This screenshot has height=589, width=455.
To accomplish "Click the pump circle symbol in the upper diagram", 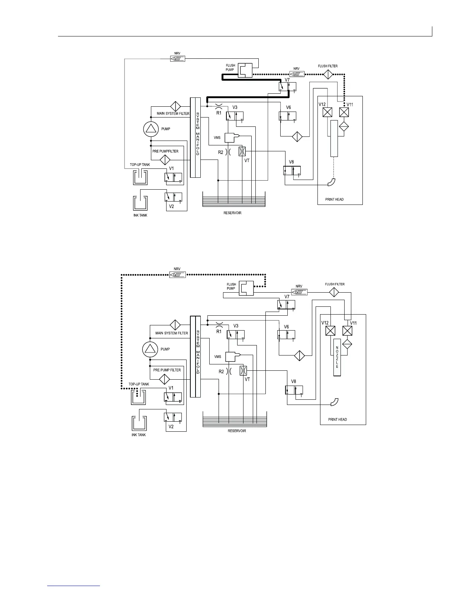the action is point(151,129).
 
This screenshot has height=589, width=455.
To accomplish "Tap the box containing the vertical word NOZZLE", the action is point(337,357).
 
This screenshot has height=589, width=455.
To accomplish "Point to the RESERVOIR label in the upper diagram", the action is point(232,213).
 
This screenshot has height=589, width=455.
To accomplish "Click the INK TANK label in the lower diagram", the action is point(139,435).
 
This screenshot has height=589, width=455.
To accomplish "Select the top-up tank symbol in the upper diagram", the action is point(140,177).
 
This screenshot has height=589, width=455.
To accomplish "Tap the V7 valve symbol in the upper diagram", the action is point(287,87).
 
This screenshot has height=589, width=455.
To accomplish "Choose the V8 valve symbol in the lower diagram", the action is point(294,390).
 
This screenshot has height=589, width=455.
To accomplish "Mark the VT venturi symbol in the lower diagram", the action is point(243,371).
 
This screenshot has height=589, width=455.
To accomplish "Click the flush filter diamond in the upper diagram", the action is point(327,74).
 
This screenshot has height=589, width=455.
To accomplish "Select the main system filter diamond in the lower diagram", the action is point(175,325).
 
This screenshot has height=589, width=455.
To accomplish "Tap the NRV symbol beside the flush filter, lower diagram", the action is point(299,292).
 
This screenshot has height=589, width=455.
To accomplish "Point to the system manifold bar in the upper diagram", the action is point(195,138).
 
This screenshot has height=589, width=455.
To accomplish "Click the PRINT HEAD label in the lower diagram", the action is point(338,419).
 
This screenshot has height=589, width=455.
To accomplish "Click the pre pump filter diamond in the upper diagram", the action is point(165,160).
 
